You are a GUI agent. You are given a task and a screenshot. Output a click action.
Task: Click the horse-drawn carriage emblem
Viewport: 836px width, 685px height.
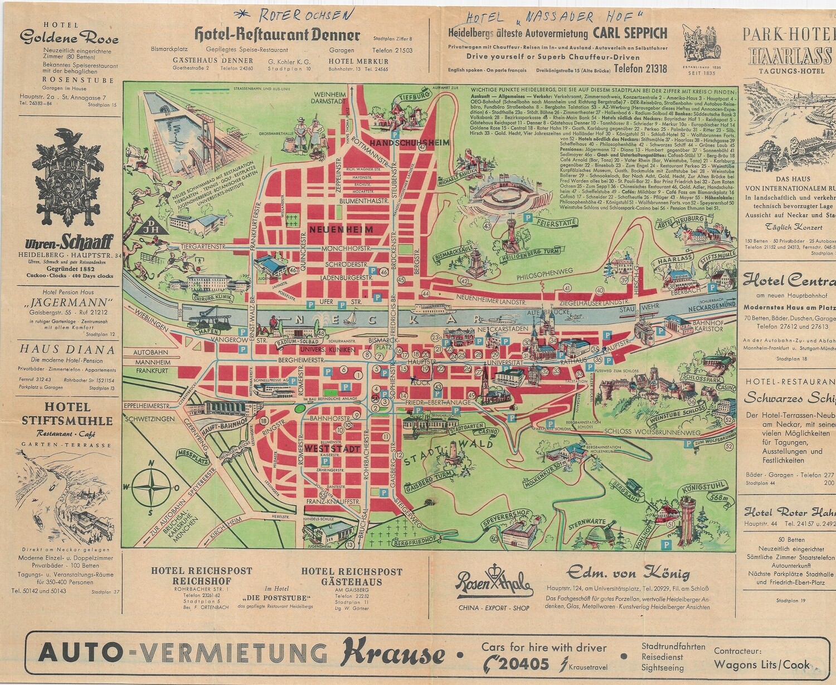click(x=701, y=42)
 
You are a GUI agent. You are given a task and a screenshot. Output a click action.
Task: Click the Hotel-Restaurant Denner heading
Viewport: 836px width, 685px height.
click(x=277, y=35)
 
